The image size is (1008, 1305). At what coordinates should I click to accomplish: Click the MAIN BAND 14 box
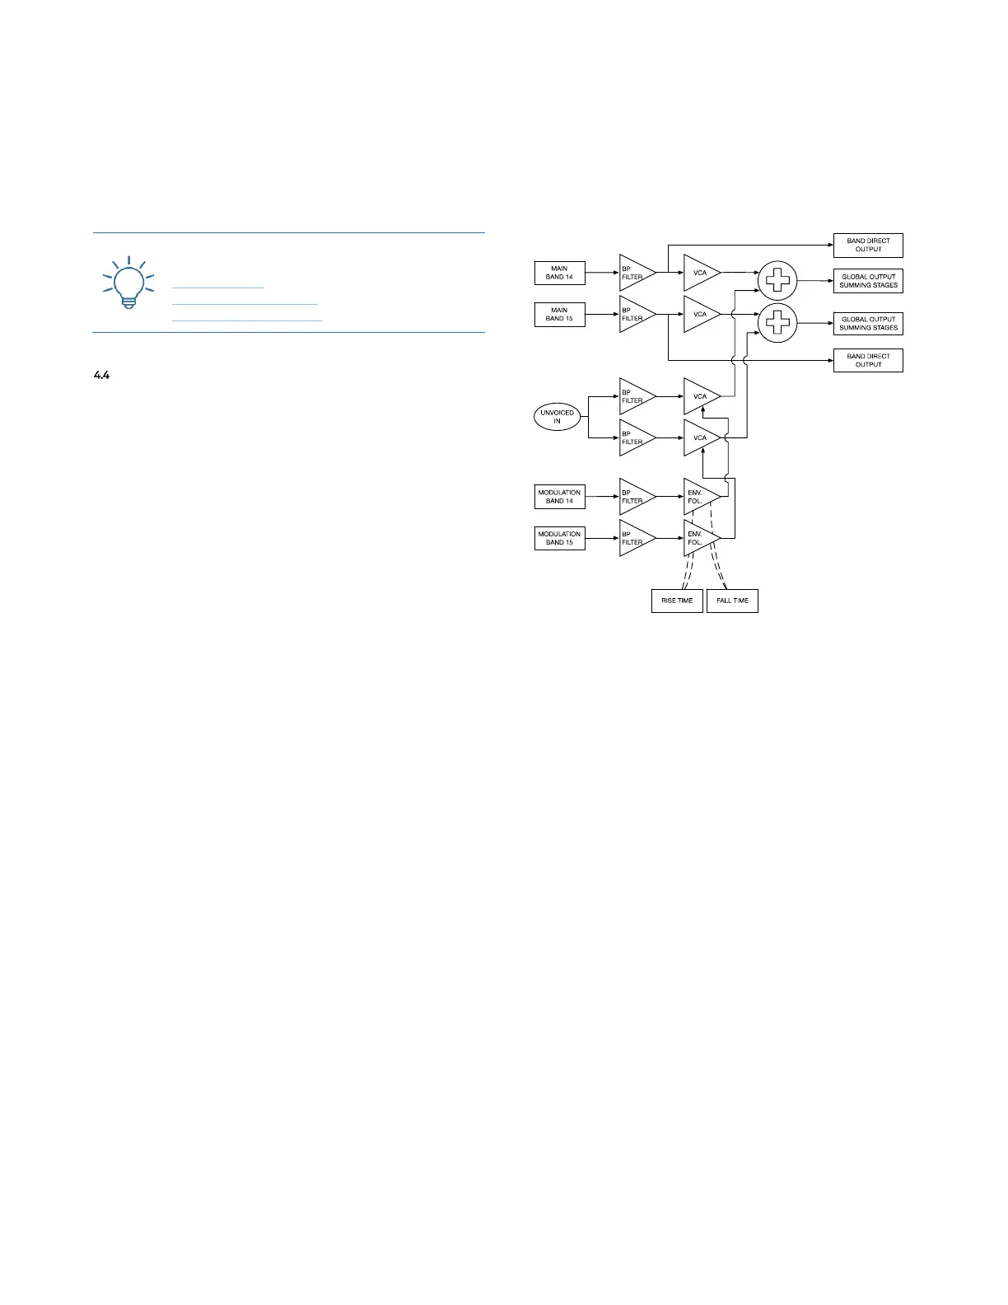[x=559, y=273]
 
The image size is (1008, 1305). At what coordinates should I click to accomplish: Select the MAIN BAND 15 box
[x=559, y=315]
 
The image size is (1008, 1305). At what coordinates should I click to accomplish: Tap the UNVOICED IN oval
[x=557, y=417]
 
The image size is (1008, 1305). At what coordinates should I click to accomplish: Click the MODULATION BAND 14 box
[x=559, y=497]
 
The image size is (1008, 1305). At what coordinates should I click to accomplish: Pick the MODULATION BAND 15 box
[x=559, y=538]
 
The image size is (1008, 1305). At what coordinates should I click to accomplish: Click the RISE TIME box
[x=677, y=601]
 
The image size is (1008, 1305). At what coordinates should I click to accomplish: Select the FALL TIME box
[x=732, y=601]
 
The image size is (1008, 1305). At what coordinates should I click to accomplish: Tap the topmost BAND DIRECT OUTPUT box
[x=868, y=246]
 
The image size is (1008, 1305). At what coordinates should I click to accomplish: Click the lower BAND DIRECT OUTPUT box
[x=868, y=360]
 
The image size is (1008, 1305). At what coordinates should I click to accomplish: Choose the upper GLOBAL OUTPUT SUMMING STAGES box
[x=868, y=281]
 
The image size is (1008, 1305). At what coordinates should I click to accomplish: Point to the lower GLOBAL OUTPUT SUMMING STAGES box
[x=868, y=323]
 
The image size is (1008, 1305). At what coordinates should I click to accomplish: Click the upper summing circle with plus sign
[x=777, y=281]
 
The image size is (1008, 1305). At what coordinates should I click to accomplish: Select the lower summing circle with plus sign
[x=777, y=323]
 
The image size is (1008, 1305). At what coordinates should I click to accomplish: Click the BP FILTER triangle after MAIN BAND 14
[x=634, y=273]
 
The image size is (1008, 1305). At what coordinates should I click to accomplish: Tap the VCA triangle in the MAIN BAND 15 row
[x=699, y=315]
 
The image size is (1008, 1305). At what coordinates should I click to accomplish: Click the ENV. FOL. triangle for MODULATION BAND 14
[x=698, y=497]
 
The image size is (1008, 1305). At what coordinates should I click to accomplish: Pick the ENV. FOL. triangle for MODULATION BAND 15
[x=698, y=538]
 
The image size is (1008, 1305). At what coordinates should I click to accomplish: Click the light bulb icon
[x=128, y=283]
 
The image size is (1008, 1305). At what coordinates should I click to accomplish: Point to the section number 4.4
[x=101, y=376]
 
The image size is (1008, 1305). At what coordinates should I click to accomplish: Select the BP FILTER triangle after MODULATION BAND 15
[x=634, y=538]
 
